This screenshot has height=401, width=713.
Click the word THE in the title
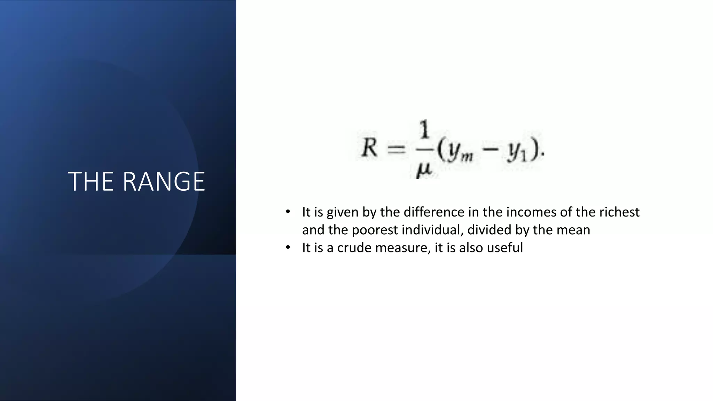91,181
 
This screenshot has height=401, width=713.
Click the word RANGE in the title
164,181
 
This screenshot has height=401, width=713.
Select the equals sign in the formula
397,150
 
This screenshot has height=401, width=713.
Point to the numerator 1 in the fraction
424,131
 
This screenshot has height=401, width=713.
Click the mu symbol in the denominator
424,171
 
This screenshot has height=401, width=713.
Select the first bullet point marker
288,212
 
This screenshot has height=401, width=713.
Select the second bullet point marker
288,247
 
